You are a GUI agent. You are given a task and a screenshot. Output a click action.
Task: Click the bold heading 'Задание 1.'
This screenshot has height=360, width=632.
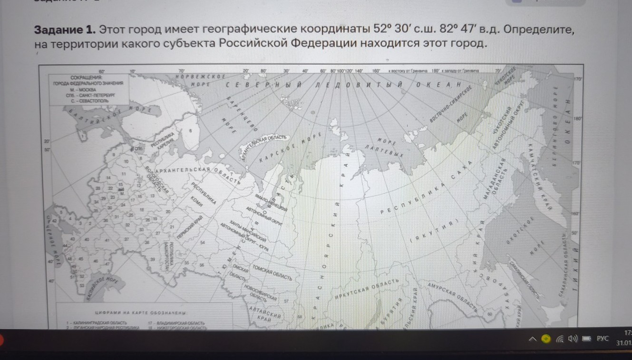[x=64, y=30]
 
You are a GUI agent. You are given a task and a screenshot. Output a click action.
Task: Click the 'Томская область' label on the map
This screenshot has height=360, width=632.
[x=272, y=271]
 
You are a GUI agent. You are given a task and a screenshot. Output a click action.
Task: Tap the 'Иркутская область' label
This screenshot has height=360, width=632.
[x=366, y=290]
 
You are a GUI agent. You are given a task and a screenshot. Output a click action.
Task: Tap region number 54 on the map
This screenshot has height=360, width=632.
[x=203, y=243]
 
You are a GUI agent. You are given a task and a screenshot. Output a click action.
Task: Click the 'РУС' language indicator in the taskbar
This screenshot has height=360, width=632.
[x=603, y=339]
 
